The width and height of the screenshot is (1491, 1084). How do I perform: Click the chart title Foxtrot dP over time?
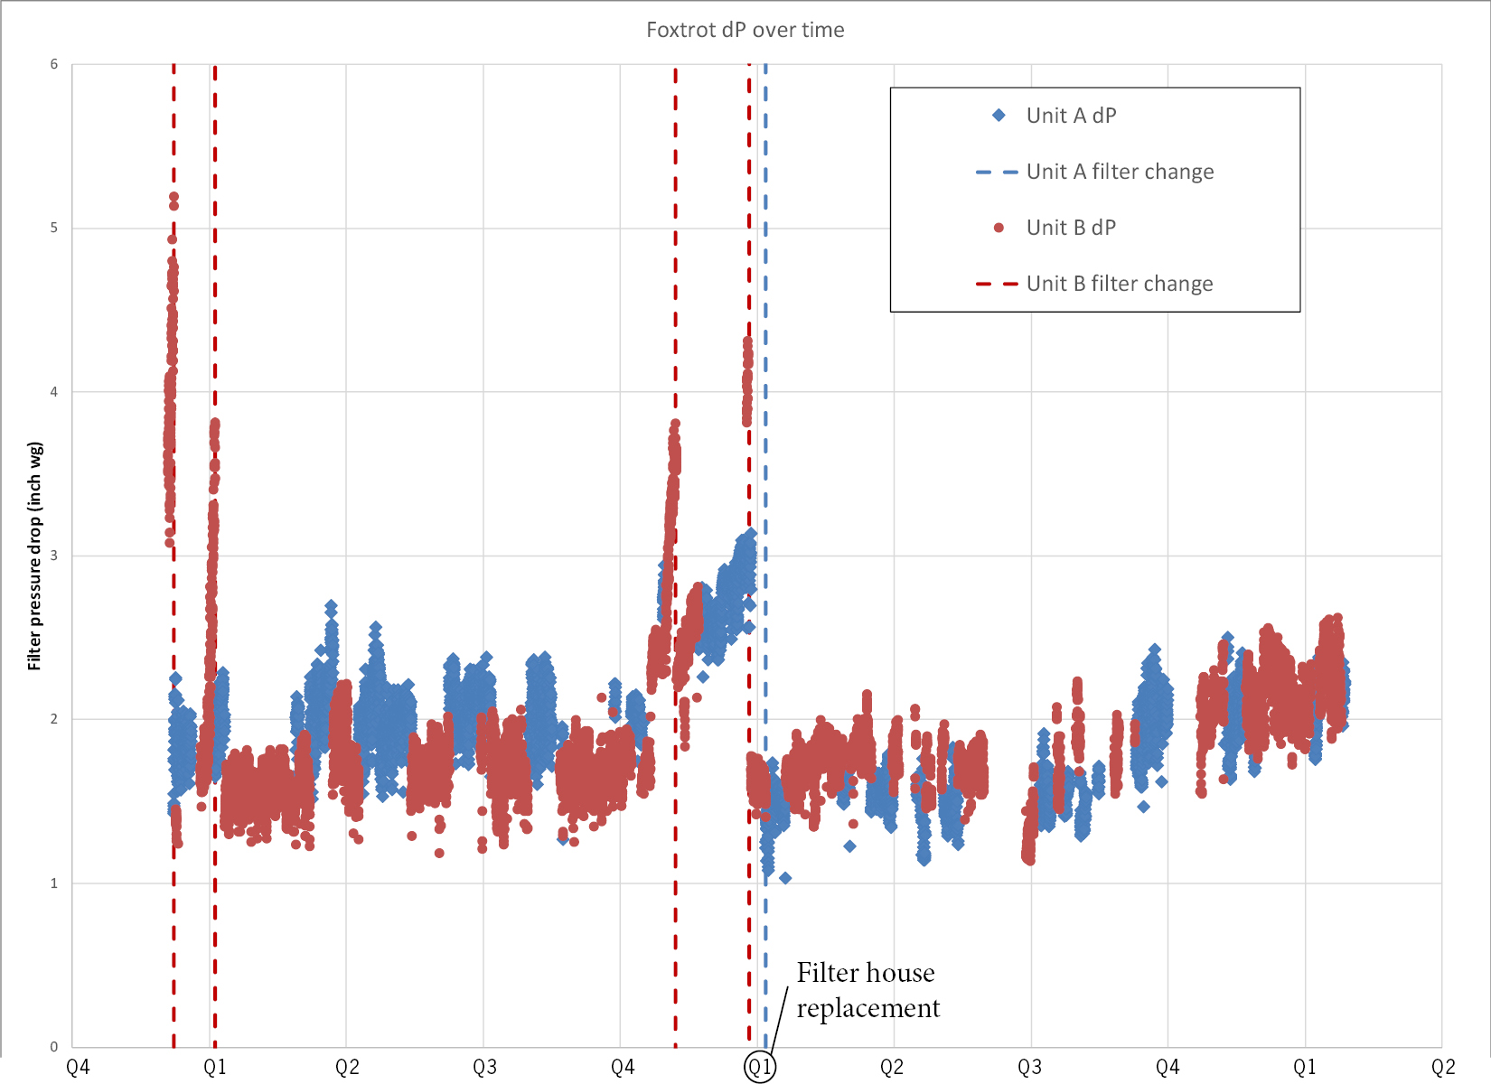coord(745,30)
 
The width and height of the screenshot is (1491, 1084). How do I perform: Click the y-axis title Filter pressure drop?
coord(34,556)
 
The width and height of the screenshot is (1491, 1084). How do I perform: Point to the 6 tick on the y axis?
coord(54,64)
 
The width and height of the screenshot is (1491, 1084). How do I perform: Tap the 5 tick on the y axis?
coord(54,228)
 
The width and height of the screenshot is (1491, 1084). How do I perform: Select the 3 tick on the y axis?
coord(54,556)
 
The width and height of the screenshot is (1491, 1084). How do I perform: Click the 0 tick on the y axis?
coord(54,1047)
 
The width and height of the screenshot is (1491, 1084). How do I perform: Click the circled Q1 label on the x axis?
coord(759,1067)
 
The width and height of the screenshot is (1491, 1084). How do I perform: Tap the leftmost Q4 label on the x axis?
coord(78,1068)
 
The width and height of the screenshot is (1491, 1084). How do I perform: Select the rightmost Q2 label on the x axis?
coord(1442,1068)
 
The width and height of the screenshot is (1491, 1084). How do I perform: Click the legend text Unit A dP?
coord(1071,116)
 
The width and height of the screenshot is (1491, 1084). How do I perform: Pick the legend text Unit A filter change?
coord(1120,172)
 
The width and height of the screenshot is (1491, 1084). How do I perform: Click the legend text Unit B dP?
coord(1071,228)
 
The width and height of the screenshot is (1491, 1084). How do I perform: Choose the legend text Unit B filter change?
coord(1119,284)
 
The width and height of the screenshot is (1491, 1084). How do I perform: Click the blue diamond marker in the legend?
coord(999,116)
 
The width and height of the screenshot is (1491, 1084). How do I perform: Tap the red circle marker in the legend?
coord(999,228)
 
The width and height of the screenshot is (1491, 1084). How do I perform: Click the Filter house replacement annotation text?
coord(867,990)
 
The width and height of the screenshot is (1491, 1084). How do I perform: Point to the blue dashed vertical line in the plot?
coord(765,361)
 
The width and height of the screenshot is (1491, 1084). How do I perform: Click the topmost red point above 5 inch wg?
coord(173,197)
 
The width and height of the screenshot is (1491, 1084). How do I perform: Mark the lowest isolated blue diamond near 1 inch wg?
coord(785,878)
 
